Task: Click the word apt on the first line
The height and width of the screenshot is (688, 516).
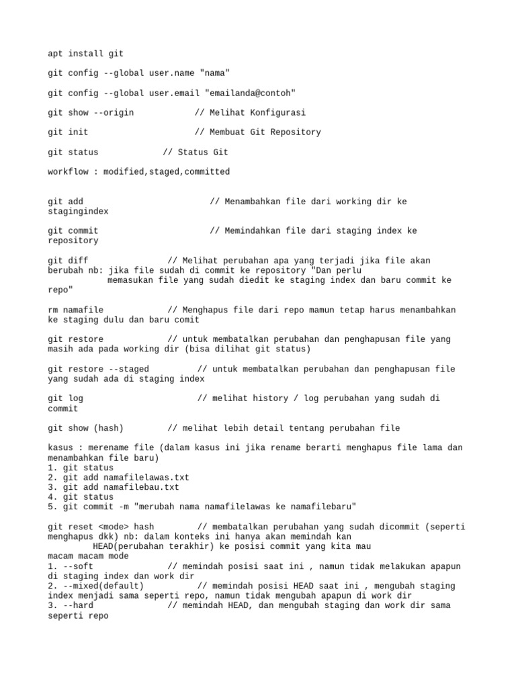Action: (x=55, y=53)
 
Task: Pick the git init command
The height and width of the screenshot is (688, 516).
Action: (x=68, y=132)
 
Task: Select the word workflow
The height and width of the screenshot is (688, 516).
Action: (x=68, y=172)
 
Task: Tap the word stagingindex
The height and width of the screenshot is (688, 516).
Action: (x=78, y=211)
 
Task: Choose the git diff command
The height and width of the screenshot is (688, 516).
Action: (x=68, y=261)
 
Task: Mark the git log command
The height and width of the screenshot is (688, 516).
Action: (x=65, y=398)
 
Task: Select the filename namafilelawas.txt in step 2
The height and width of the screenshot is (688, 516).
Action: (x=146, y=478)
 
